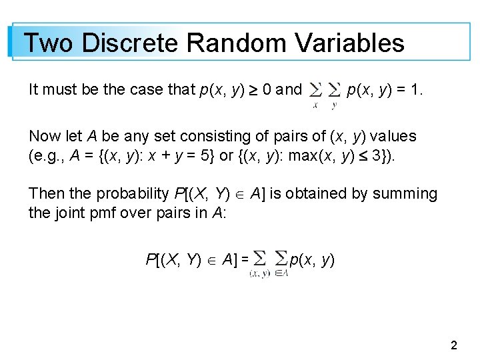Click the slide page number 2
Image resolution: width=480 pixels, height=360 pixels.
[454, 345]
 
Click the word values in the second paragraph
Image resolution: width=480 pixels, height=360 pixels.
[393, 137]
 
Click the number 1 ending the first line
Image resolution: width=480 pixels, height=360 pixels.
[416, 89]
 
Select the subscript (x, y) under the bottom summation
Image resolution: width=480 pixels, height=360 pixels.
[259, 273]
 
